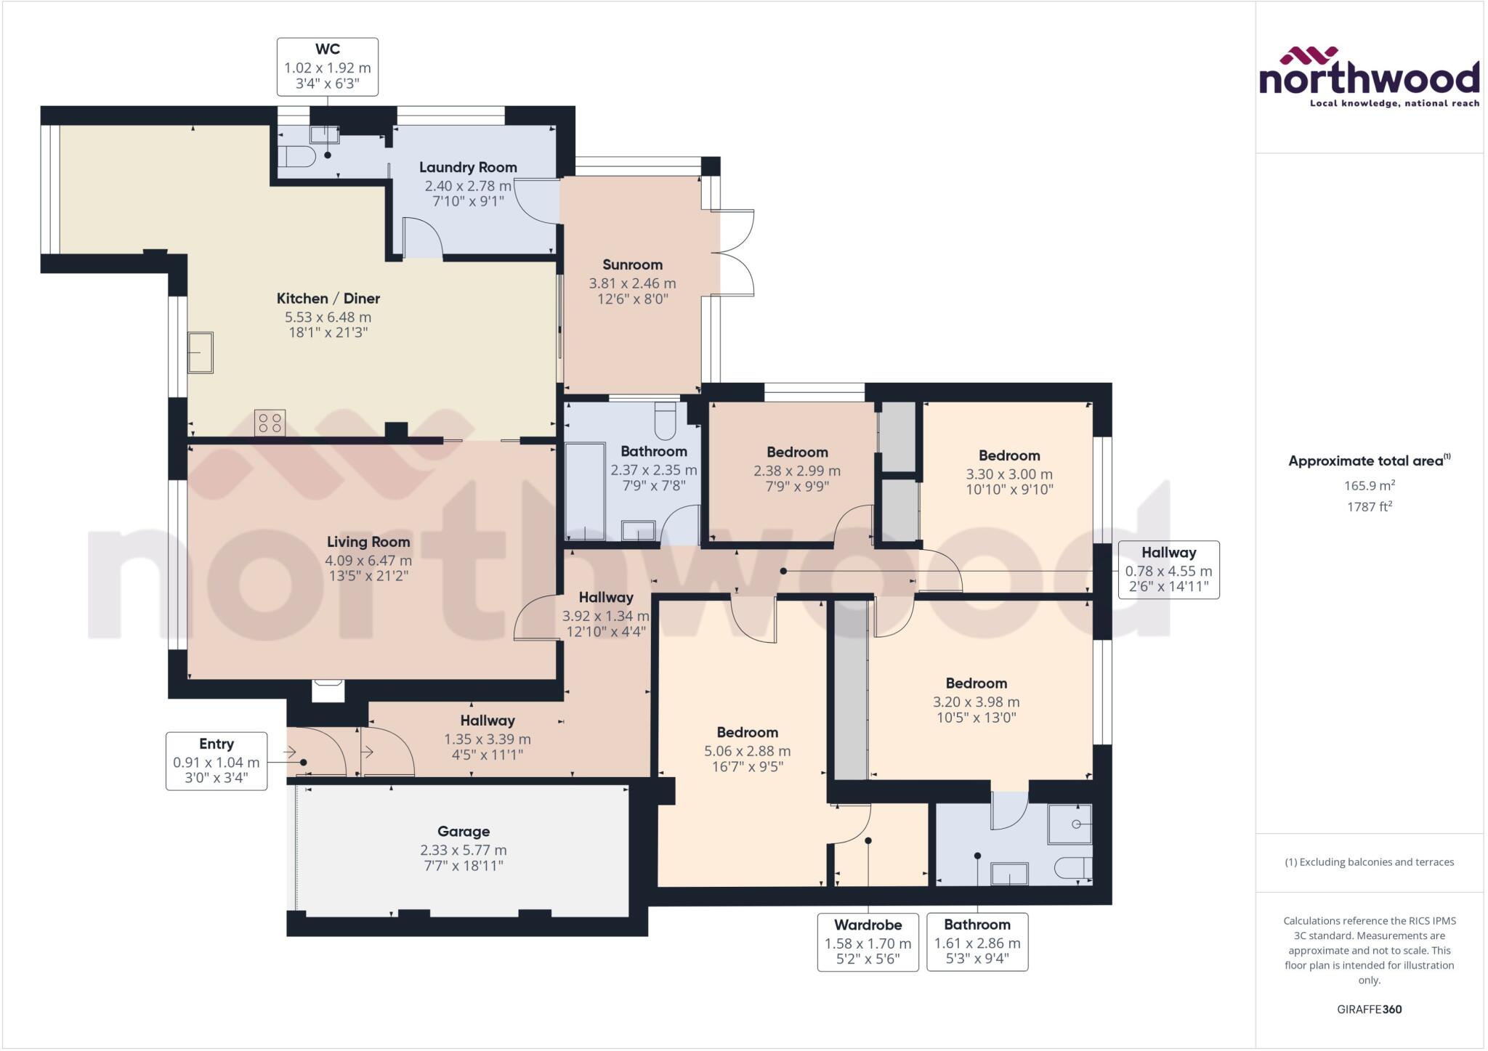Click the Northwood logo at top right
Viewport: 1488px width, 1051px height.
pyautogui.click(x=1369, y=78)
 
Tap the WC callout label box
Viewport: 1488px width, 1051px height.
pyautogui.click(x=327, y=67)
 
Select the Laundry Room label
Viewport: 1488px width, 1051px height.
pyautogui.click(x=468, y=167)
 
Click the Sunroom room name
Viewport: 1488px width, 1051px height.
pyautogui.click(x=632, y=264)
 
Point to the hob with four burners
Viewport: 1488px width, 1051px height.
pyautogui.click(x=270, y=423)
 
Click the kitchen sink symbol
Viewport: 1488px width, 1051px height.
pyautogui.click(x=201, y=352)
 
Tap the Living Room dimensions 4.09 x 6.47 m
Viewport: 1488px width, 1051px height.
pyautogui.click(x=368, y=561)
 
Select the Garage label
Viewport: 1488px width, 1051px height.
pyautogui.click(x=464, y=832)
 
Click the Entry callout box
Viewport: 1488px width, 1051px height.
pyautogui.click(x=217, y=761)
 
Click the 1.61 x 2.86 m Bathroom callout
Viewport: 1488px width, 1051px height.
pyautogui.click(x=977, y=942)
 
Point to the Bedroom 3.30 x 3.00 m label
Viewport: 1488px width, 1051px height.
pyautogui.click(x=1009, y=456)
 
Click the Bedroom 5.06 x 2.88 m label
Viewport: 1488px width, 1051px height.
pyautogui.click(x=747, y=732)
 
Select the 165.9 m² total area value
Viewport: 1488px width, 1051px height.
pyautogui.click(x=1369, y=486)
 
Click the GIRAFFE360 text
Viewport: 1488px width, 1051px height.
pyautogui.click(x=1369, y=1009)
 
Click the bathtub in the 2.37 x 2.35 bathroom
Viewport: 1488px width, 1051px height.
pyautogui.click(x=585, y=492)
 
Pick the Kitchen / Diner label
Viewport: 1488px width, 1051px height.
pyautogui.click(x=328, y=299)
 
